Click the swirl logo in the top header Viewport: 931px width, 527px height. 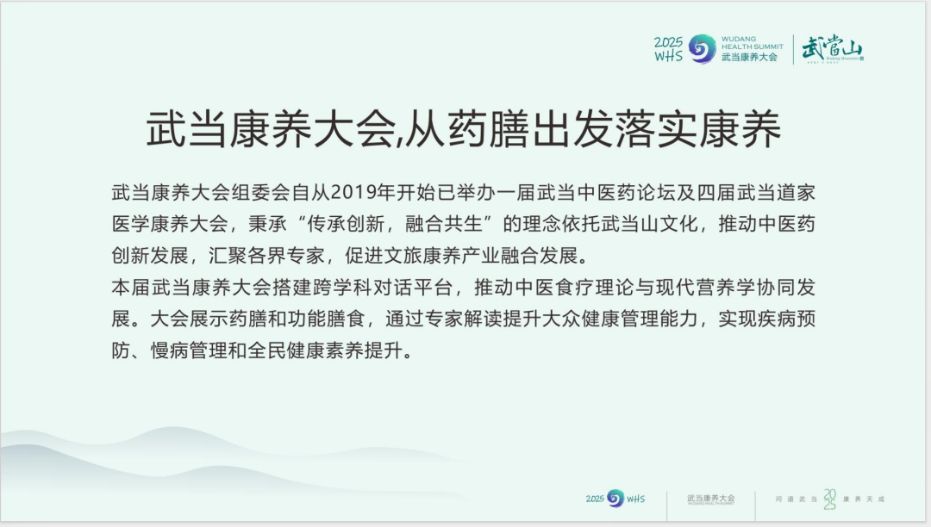pos(703,48)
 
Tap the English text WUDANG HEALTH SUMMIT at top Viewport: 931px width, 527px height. pos(752,42)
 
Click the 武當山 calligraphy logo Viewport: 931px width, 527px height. pos(832,49)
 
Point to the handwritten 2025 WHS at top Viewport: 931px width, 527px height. pos(669,49)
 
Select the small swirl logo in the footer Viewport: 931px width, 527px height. pos(615,498)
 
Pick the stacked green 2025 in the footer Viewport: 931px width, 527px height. pos(829,499)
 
